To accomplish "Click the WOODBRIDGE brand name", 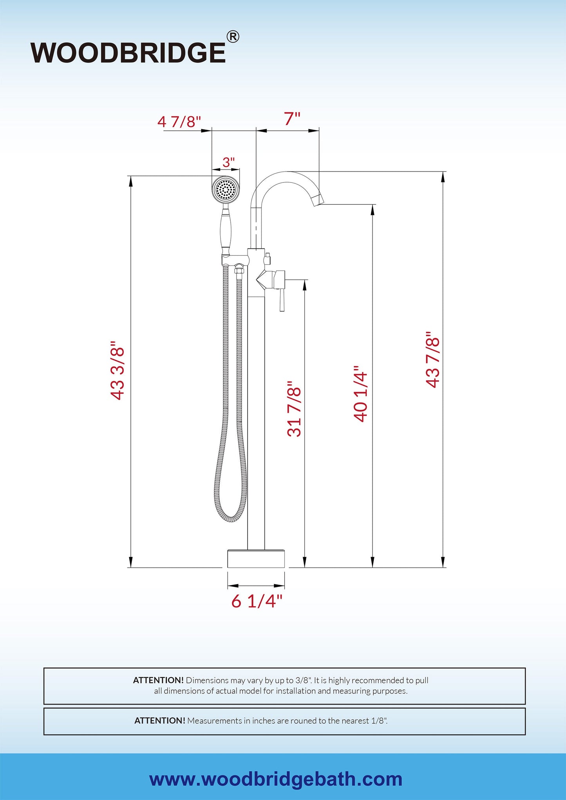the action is tap(128, 53).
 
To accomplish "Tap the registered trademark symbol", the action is tap(233, 37).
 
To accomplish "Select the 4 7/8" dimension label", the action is tap(179, 122).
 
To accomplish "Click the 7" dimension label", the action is tap(292, 119).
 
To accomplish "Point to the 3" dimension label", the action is tap(228, 162).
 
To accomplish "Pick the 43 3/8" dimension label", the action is tap(118, 370).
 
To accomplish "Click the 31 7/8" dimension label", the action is tap(295, 408).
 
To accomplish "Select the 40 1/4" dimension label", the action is tap(360, 394).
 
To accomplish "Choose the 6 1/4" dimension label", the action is tap(257, 601).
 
